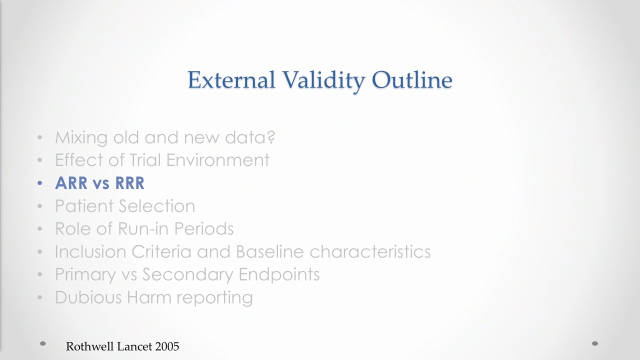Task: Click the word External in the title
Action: pos(231,79)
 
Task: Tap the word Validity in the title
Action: pos(323,81)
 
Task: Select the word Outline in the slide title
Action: pos(412,79)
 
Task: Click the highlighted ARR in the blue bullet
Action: pos(71,183)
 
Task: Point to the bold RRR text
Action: pos(129,183)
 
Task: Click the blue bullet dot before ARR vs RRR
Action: pos(39,183)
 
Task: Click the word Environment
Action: pos(217,160)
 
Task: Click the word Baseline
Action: pos(269,251)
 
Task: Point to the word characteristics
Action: pos(370,251)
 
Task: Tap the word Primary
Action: pos(85,275)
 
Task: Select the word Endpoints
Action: pos(279,275)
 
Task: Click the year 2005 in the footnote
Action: pos(167,346)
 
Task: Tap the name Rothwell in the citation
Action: pos(90,346)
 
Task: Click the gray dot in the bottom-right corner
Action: pos(595,343)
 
